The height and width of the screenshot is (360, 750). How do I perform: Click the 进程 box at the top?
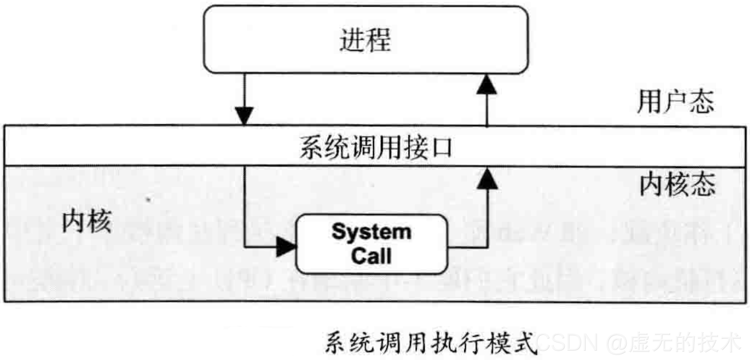click(365, 40)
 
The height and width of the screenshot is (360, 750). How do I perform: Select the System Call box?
click(371, 244)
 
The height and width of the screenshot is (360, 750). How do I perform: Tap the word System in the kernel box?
click(371, 232)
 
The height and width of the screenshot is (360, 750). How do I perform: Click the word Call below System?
click(371, 256)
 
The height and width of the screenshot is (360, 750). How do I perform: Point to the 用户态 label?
click(675, 102)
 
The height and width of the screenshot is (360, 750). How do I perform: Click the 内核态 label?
click(676, 185)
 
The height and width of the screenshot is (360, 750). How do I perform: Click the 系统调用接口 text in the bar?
click(376, 147)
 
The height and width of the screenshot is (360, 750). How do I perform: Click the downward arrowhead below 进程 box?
click(245, 115)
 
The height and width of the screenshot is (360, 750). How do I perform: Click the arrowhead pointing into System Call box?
click(286, 247)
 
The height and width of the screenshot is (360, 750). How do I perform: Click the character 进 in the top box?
click(352, 40)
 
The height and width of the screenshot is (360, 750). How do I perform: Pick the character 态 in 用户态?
click(702, 102)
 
